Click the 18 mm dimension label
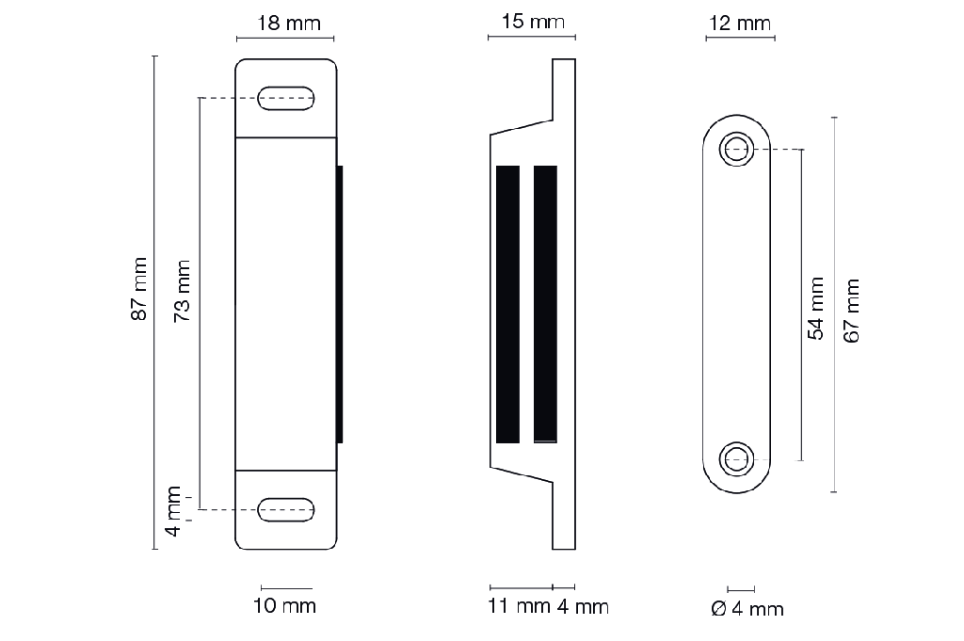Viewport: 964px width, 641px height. coord(289,24)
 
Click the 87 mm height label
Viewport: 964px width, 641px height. coord(139,289)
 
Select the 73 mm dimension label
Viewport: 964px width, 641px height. coord(182,291)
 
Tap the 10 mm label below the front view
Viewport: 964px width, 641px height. coord(284,606)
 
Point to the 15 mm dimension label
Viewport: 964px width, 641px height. coord(533,22)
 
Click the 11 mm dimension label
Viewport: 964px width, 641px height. coord(519,606)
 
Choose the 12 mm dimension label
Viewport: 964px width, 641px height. coord(740,24)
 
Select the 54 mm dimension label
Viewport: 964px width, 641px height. coord(815,309)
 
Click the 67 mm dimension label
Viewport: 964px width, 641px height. coord(851,311)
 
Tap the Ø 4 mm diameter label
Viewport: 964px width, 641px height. coord(747,609)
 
